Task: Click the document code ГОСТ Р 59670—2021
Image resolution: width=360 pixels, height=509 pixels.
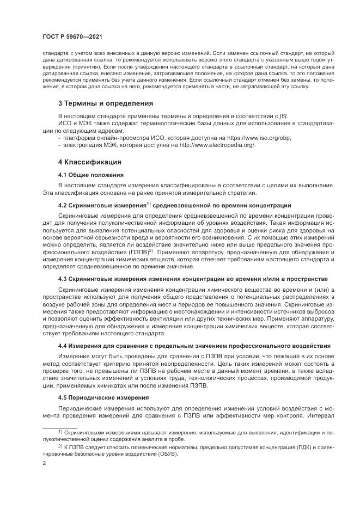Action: pyautogui.click(x=72, y=37)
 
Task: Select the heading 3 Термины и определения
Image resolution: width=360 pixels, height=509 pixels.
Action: pyautogui.click(x=106, y=103)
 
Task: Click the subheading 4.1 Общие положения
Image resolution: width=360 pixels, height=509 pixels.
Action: pyautogui.click(x=91, y=175)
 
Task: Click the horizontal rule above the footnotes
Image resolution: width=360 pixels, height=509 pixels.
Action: pyautogui.click(x=59, y=426)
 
